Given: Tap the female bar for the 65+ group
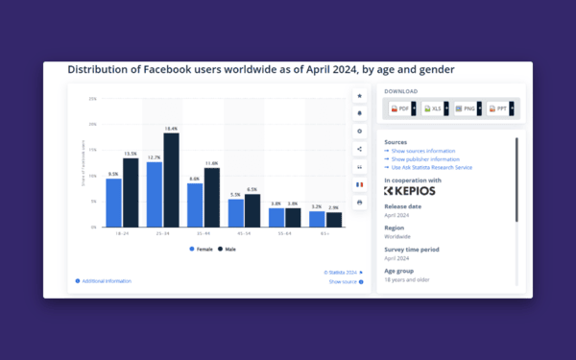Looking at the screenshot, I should click(x=317, y=219).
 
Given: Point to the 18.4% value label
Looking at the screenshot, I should click(x=171, y=129).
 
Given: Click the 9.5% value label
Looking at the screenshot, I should click(x=113, y=175).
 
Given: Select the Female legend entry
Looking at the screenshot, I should click(x=202, y=249).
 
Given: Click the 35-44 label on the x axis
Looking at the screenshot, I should click(x=203, y=233).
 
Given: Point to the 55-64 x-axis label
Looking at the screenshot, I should click(x=284, y=233).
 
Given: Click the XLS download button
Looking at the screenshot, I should click(x=434, y=109).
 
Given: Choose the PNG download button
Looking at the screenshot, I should click(x=467, y=109).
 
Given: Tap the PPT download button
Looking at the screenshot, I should click(x=498, y=109).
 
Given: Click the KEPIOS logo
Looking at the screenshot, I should click(x=410, y=190).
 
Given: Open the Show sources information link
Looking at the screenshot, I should click(x=421, y=151).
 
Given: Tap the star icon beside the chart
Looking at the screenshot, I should click(x=359, y=96).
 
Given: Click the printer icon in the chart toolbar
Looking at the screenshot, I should click(x=359, y=203).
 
